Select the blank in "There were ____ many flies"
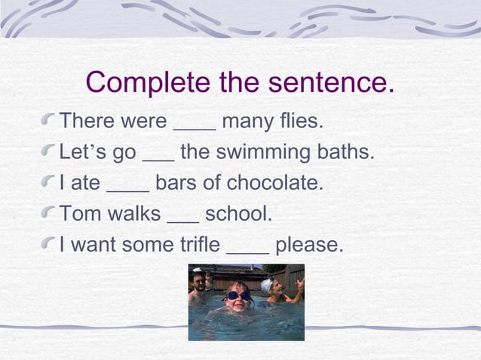click(x=195, y=127)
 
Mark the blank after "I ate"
click(x=128, y=189)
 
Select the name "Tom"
click(x=76, y=214)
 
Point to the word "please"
click(x=308, y=246)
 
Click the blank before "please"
click(x=247, y=251)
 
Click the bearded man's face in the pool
click(x=199, y=282)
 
